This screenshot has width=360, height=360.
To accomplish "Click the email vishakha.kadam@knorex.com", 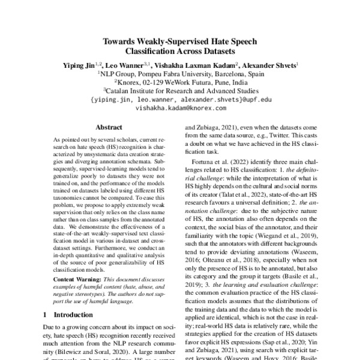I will [180, 109].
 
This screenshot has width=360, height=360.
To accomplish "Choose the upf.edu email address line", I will [180, 100].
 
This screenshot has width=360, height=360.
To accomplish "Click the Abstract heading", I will [109, 127].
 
